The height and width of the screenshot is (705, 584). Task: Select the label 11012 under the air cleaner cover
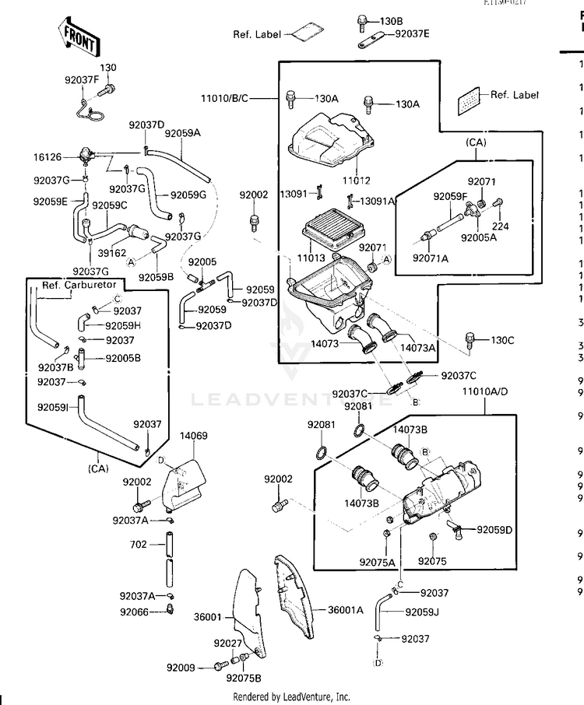356,180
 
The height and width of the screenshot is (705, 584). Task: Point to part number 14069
194,436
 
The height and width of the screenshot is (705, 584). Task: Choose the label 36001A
345,609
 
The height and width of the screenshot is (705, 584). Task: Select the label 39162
114,253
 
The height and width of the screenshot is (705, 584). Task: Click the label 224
499,226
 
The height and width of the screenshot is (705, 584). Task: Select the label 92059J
422,612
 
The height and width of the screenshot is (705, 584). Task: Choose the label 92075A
378,561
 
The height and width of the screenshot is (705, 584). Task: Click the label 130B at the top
391,20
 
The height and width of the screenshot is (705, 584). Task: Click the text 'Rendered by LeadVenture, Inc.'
291,697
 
